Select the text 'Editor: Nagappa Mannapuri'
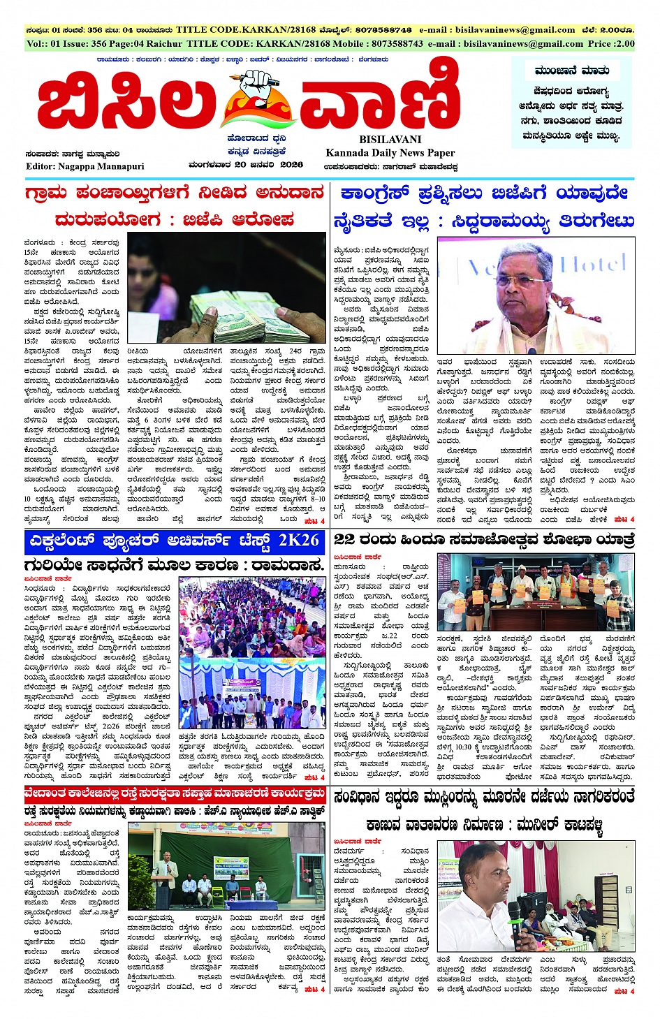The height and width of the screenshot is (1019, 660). click(x=85, y=166)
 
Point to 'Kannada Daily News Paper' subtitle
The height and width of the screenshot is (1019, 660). click(x=390, y=153)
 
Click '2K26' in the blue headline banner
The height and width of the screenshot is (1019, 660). click(x=298, y=541)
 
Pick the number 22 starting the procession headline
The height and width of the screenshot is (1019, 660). click(x=344, y=539)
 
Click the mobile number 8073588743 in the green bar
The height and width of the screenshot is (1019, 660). click(x=388, y=43)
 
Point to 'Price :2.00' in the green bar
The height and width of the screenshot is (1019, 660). click(x=610, y=43)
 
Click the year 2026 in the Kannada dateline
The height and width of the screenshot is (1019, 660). click(x=291, y=165)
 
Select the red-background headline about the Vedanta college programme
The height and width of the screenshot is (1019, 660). click(x=175, y=794)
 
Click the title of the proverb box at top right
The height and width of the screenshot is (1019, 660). click(x=572, y=71)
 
